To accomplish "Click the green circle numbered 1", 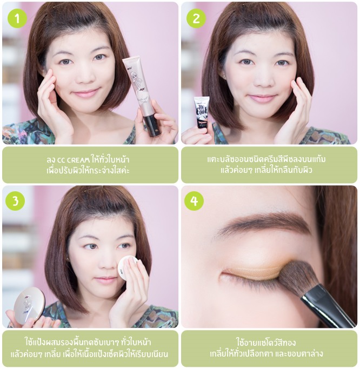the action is pyautogui.click(x=17, y=18).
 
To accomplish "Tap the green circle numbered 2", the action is pyautogui.click(x=196, y=18).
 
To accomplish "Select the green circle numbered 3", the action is pyautogui.click(x=15, y=201).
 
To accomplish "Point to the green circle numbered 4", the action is pyautogui.click(x=194, y=201).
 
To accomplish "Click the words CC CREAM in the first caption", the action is pyautogui.click(x=74, y=160).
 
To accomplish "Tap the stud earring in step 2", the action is pyautogui.click(x=223, y=77).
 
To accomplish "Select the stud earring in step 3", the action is pyautogui.click(x=68, y=259).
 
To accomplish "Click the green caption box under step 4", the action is pyautogui.click(x=269, y=348).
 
